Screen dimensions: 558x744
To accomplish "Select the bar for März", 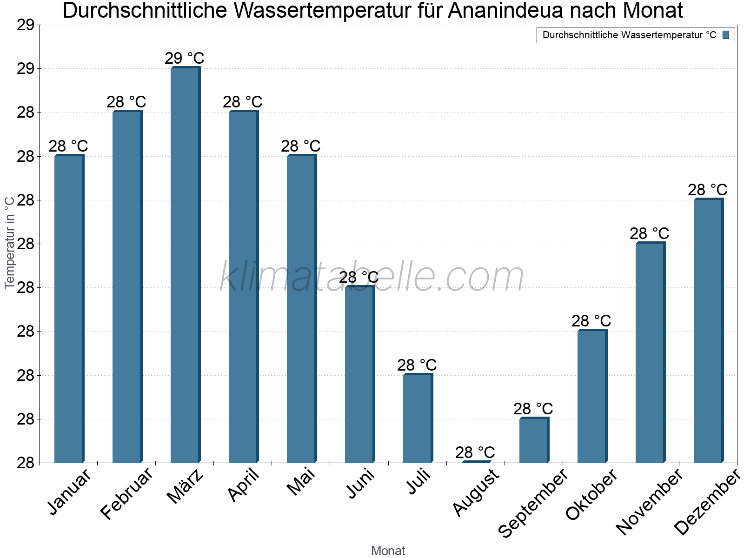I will [185, 265].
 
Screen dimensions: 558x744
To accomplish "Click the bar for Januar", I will [69, 309].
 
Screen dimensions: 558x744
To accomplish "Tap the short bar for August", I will [476, 462].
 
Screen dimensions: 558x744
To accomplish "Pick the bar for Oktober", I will [592, 396].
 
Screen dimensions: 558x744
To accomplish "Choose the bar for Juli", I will [418, 418].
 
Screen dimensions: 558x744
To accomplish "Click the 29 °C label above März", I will [185, 59].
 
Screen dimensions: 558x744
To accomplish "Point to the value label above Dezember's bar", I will [707, 190].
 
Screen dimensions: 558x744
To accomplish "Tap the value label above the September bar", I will [533, 409].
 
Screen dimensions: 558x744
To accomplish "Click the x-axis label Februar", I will [126, 494].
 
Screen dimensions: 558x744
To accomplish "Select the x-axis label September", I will [533, 503].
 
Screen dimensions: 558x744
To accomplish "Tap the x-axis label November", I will [650, 502].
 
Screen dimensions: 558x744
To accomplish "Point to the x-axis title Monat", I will [388, 551].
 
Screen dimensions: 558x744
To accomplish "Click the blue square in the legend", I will [726, 35].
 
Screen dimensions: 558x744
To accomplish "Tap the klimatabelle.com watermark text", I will [372, 277].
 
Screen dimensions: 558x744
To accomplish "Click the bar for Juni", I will [359, 374].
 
